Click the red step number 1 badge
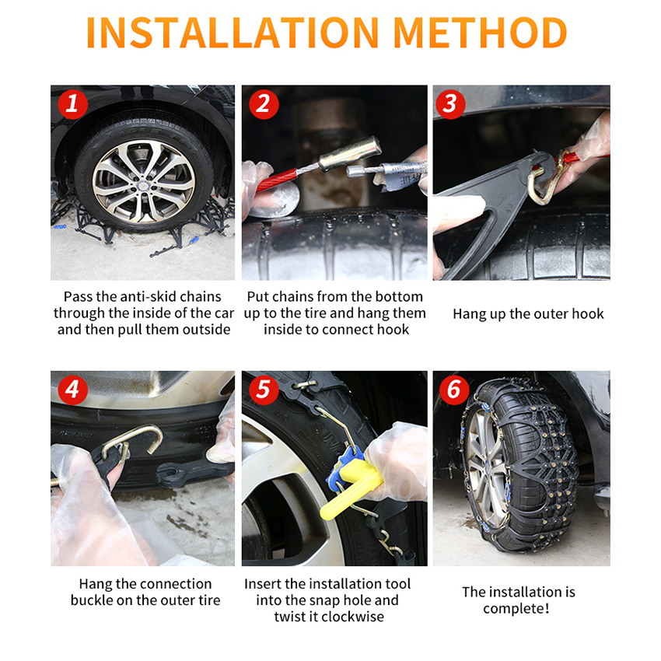[x=72, y=103]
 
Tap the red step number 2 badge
[x=264, y=103]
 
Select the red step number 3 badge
[x=450, y=103]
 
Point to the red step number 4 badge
[x=72, y=390]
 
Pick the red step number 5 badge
[x=264, y=390]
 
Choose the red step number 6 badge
[x=454, y=390]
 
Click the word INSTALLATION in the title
[x=233, y=33]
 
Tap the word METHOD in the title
[x=480, y=33]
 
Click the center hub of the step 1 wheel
[x=143, y=183]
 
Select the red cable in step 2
[x=276, y=179]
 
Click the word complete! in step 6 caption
[x=516, y=609]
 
